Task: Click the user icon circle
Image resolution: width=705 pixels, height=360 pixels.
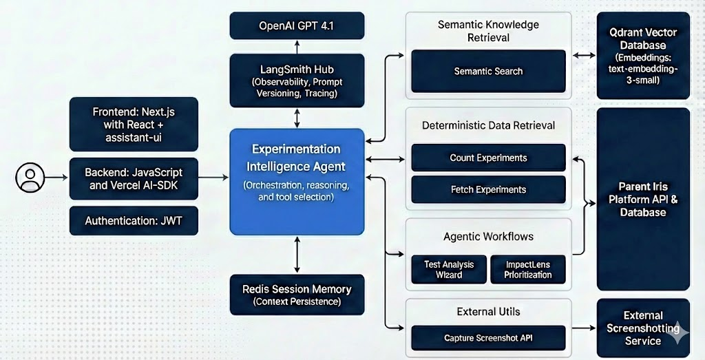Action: click(30, 178)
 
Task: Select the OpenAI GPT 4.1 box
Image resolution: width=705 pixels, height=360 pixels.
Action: click(297, 25)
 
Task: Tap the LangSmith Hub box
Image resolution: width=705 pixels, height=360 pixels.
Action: click(297, 81)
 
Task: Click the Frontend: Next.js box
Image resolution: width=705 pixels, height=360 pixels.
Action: click(134, 124)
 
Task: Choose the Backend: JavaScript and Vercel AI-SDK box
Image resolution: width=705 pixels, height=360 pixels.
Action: click(134, 178)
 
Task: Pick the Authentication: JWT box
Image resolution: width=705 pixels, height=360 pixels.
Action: click(134, 221)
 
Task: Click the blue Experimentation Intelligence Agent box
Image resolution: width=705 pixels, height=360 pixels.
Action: click(297, 182)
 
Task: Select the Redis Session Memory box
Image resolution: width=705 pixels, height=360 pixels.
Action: click(297, 295)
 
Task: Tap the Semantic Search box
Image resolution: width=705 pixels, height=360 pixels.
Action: click(488, 71)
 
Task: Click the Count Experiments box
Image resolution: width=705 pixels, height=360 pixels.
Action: click(488, 158)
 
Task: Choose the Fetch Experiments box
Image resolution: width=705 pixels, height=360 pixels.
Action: click(488, 189)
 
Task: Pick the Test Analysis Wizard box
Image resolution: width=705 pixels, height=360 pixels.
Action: click(449, 269)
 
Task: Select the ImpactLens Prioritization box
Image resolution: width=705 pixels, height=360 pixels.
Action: click(528, 269)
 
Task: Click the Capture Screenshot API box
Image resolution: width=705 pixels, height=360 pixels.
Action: click(488, 338)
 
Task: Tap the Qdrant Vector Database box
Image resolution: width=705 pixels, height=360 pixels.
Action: click(644, 55)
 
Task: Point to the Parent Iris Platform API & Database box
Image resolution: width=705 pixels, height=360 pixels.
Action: click(644, 199)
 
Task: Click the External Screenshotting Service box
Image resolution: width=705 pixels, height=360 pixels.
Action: click(644, 328)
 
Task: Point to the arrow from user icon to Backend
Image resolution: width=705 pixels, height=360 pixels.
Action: click(56, 178)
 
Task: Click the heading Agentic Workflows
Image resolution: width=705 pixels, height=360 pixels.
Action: click(488, 236)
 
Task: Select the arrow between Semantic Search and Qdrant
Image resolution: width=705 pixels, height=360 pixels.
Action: click(584, 56)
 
